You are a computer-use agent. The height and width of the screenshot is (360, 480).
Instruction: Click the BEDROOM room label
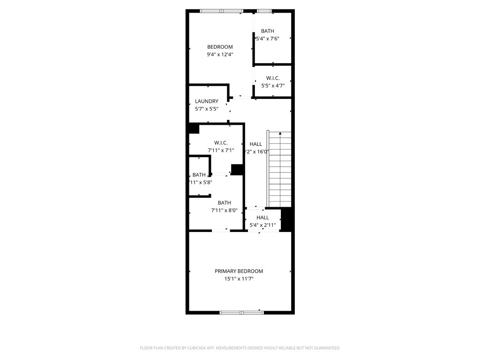click(x=220, y=47)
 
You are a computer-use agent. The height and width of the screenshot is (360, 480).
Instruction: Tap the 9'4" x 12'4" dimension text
click(x=220, y=54)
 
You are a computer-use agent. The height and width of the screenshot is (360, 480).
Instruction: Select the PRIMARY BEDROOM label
click(x=239, y=271)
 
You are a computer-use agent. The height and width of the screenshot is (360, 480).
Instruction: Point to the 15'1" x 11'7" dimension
click(x=239, y=279)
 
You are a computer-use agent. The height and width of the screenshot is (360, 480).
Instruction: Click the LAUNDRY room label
click(x=207, y=101)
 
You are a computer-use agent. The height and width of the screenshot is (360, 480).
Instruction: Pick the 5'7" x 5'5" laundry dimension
click(x=207, y=109)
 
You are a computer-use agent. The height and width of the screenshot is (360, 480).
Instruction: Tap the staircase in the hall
click(x=279, y=169)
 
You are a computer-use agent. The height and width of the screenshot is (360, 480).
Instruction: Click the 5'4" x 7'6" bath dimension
click(x=267, y=38)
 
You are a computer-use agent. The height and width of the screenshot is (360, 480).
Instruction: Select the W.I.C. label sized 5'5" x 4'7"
click(x=273, y=78)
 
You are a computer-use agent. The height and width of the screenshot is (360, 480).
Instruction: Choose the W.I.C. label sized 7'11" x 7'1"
click(x=221, y=142)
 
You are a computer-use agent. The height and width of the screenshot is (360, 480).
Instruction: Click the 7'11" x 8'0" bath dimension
click(x=224, y=210)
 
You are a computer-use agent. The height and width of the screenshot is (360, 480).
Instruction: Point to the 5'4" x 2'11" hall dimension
click(x=262, y=225)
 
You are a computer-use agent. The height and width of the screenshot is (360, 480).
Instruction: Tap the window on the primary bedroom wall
click(x=242, y=312)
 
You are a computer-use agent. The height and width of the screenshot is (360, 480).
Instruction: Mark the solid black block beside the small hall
click(x=287, y=219)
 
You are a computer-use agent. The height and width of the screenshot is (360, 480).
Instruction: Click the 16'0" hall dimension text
click(x=257, y=151)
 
